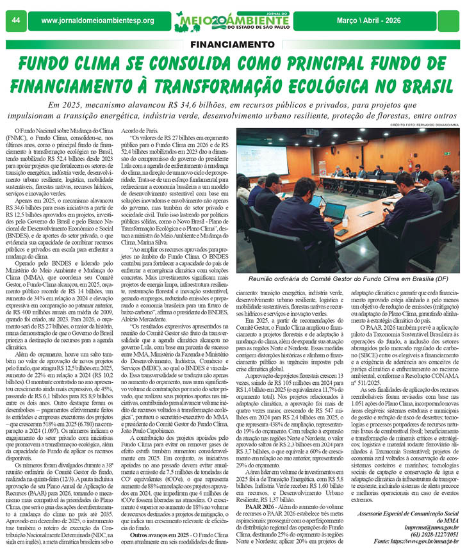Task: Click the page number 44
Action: (x=15, y=20)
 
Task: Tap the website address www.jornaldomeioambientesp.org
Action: (x=97, y=21)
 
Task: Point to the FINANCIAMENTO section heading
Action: (x=233, y=45)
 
